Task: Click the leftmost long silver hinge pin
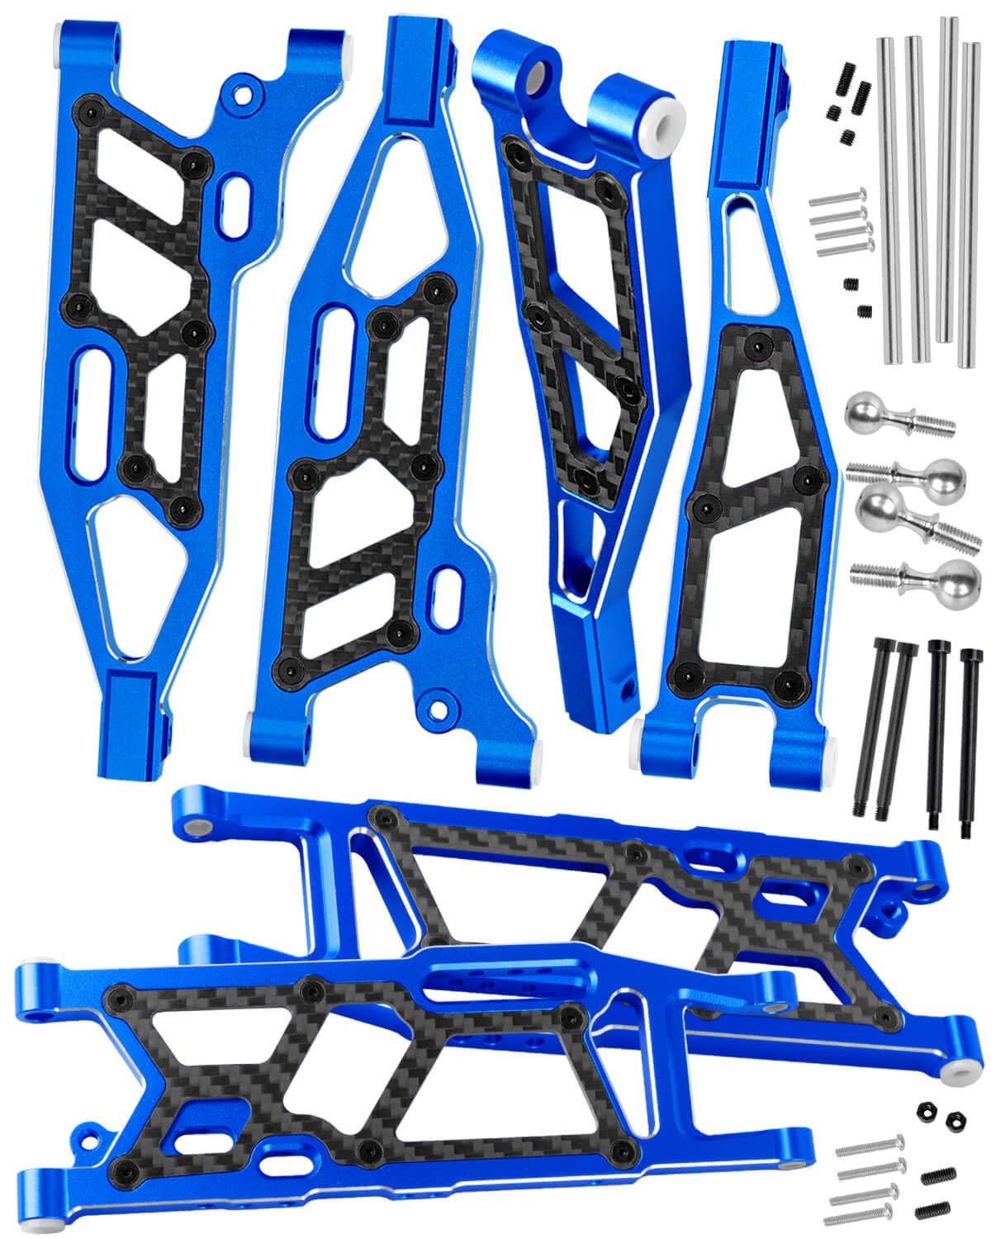889,198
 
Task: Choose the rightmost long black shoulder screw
965,735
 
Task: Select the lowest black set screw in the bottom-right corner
928,1208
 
